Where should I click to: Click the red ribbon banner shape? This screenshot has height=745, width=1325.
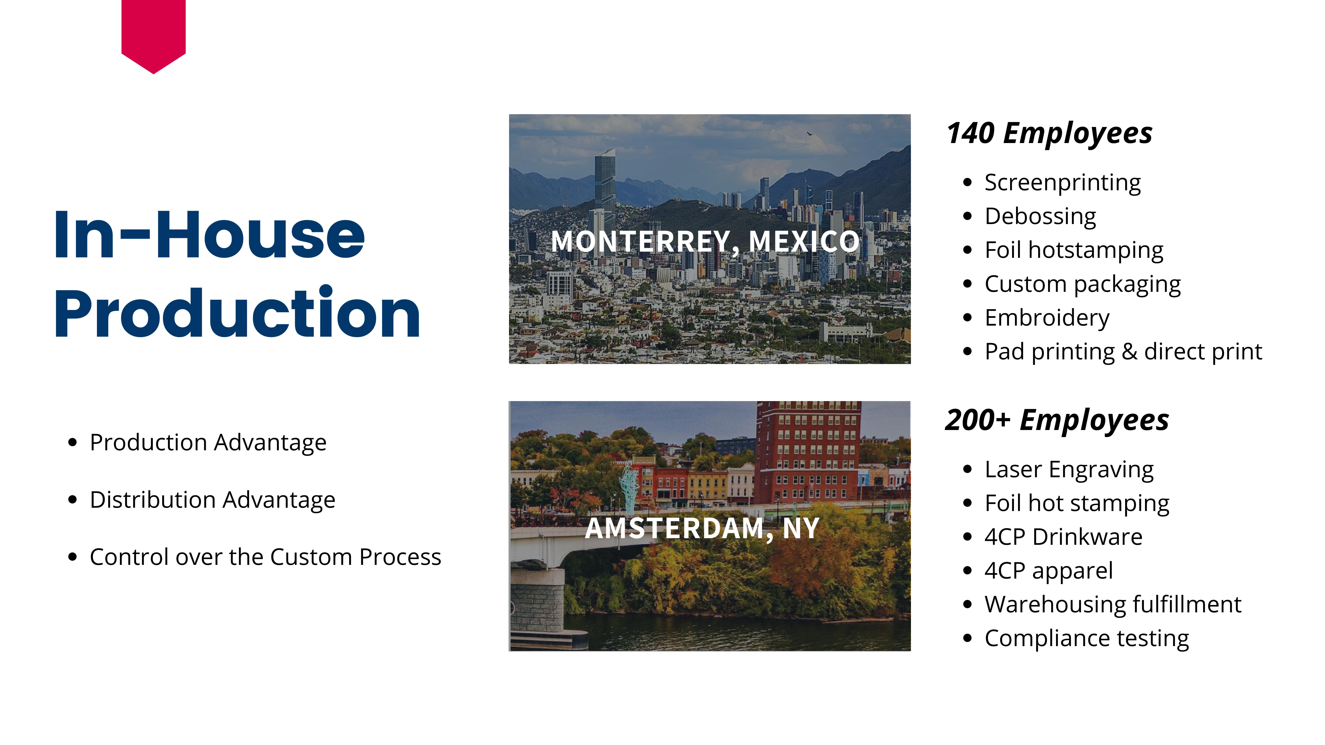pos(153,33)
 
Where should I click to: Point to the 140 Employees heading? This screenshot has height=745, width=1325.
pos(1049,134)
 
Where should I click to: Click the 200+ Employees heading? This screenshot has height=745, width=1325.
pos(1057,421)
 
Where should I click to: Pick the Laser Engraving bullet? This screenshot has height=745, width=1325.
pos(1069,470)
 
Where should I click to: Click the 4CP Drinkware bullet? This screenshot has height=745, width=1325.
pos(1063,537)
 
